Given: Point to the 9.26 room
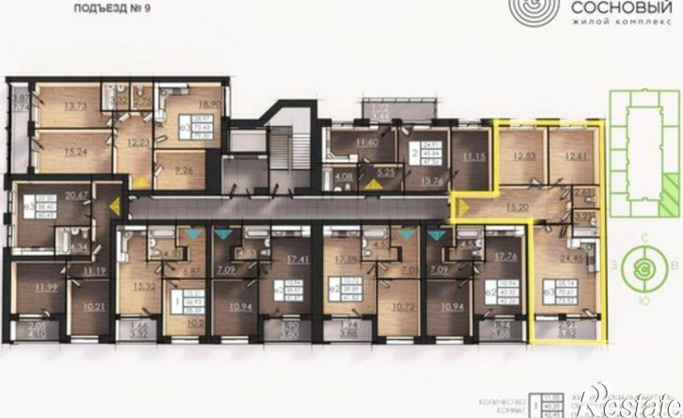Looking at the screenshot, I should [184, 171].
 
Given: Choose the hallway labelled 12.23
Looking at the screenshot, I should [138, 143].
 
